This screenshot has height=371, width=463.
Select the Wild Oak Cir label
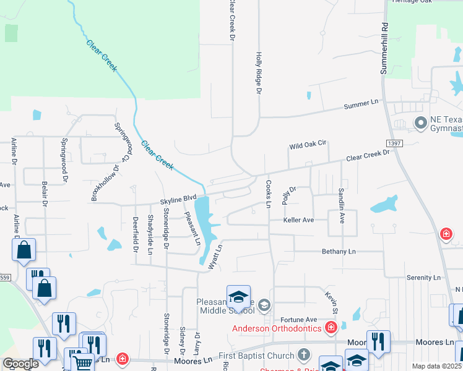(308, 146)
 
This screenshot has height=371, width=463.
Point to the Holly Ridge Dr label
(259, 74)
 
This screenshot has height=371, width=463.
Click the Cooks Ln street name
(269, 194)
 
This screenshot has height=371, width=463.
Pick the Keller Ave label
(299, 220)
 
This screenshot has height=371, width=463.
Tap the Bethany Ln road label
(339, 252)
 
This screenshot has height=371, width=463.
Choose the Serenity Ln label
(423, 278)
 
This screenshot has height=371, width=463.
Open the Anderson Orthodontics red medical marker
(332, 327)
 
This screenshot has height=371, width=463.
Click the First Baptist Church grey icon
(303, 354)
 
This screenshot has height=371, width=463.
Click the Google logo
(21, 364)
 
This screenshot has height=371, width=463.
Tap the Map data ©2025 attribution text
(437, 366)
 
